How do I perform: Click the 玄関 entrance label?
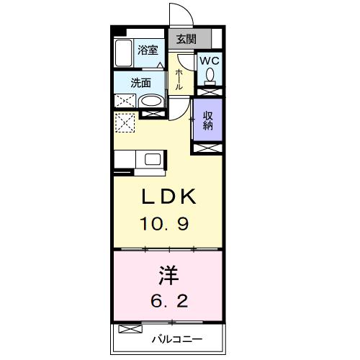click(186, 39)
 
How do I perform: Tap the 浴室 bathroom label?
click(148, 50)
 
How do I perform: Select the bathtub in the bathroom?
click(124, 53)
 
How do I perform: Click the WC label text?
click(210, 60)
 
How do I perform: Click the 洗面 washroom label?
click(141, 83)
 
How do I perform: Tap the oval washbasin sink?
click(150, 102)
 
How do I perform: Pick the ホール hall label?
click(179, 79)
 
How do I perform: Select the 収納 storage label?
click(208, 121)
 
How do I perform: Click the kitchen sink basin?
click(153, 159)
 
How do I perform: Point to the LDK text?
click(168, 197)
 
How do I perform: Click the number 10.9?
click(165, 223)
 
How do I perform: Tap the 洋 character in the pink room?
click(168, 276)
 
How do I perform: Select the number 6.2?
click(169, 300)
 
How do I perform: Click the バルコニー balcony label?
click(177, 339)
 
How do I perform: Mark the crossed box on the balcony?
click(130, 329)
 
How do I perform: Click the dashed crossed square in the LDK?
click(125, 122)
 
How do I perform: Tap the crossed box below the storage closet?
click(208, 148)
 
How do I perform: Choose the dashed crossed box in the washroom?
click(125, 101)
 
